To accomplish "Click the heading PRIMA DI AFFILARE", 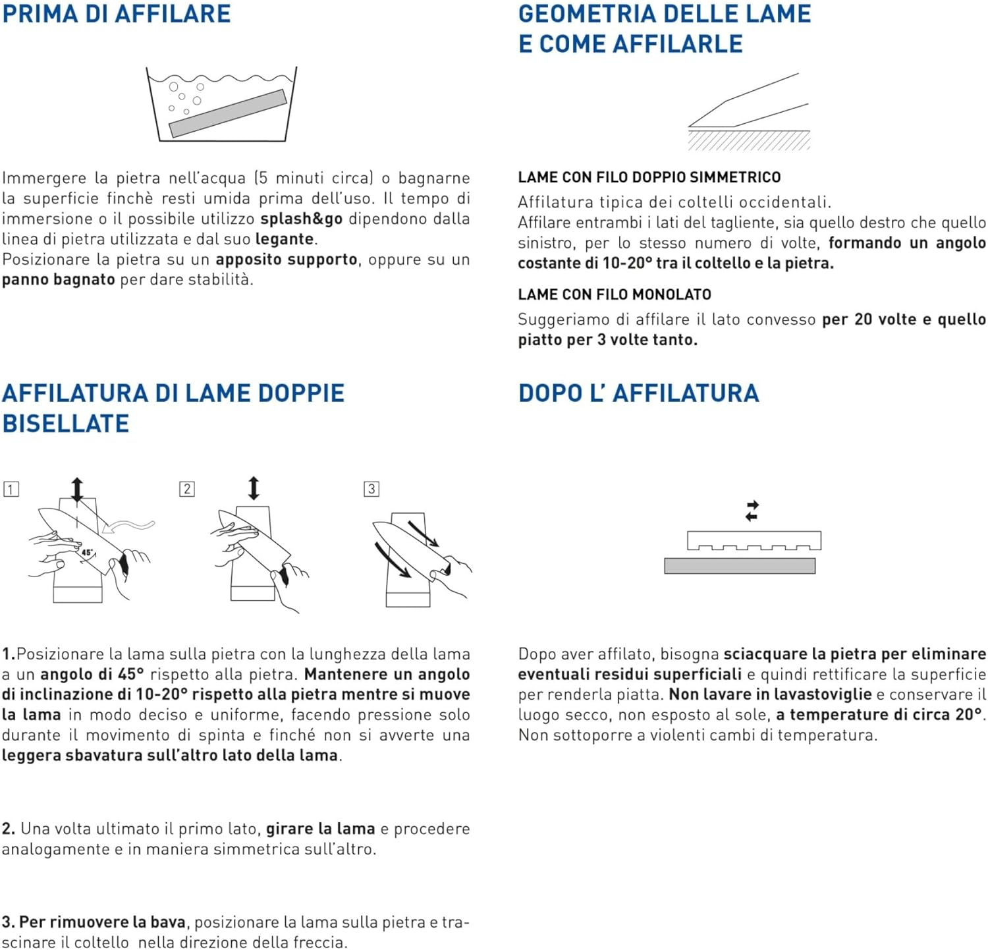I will [x=117, y=14].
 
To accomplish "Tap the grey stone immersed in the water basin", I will [x=228, y=113].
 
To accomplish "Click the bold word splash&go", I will [x=301, y=219].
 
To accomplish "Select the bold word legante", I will [x=284, y=239].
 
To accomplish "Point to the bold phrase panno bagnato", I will [x=59, y=279].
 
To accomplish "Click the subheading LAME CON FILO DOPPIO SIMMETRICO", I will [x=649, y=177].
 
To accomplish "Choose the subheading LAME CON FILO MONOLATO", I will [x=615, y=294].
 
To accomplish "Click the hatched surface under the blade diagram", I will [x=749, y=140].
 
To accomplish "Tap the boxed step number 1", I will [x=11, y=489].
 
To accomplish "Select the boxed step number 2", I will [x=187, y=489].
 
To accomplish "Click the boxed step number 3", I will [x=371, y=489].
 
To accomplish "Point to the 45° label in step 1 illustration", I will [x=88, y=553].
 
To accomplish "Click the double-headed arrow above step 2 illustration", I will [x=254, y=488].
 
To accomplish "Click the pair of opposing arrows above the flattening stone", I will [x=752, y=511].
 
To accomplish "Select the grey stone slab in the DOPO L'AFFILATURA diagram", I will [x=740, y=566].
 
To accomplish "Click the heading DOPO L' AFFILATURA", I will [x=638, y=393].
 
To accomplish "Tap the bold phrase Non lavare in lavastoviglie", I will [x=770, y=694].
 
